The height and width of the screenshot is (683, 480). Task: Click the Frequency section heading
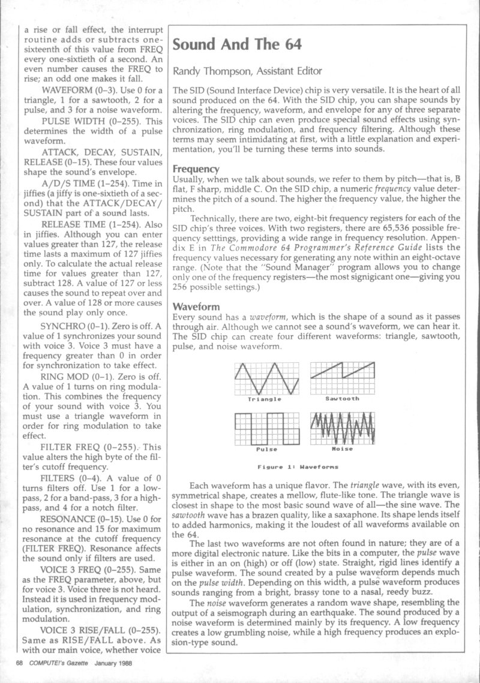(x=196, y=169)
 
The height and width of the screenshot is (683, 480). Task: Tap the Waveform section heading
(x=196, y=306)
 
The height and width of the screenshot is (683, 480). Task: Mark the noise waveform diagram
(x=342, y=428)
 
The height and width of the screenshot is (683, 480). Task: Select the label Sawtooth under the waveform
(x=342, y=398)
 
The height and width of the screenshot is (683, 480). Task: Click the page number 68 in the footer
(x=19, y=663)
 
